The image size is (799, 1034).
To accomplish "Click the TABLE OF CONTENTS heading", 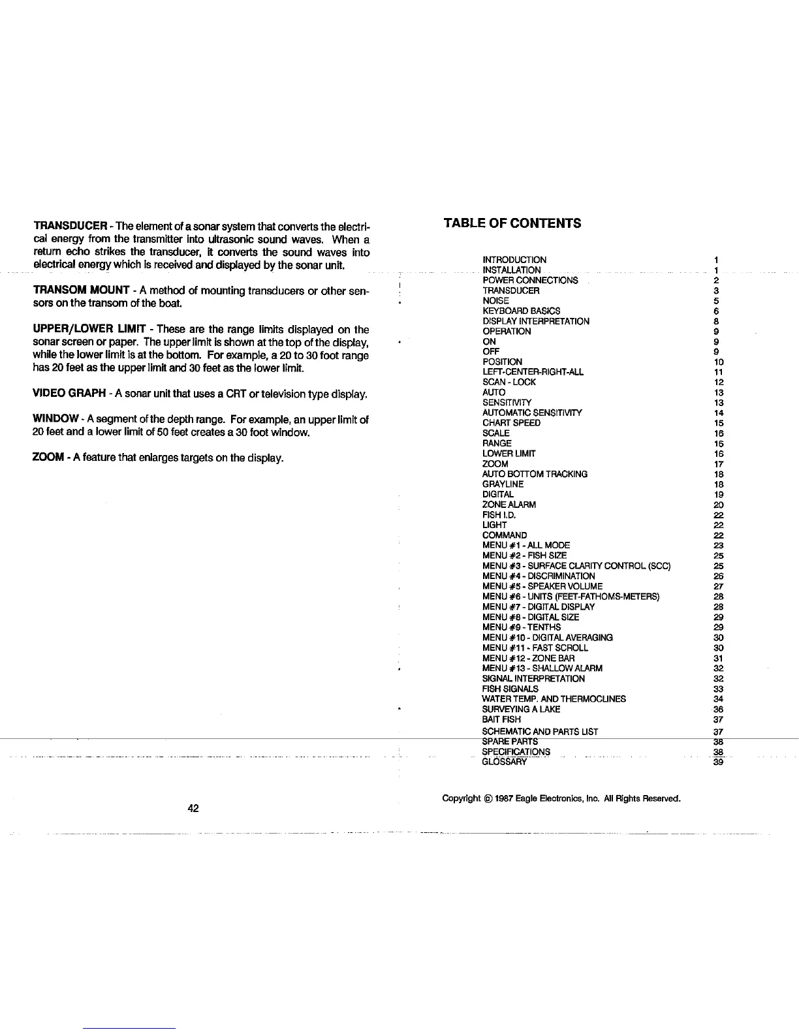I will click(x=512, y=223).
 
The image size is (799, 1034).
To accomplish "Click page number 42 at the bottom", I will click(x=193, y=808).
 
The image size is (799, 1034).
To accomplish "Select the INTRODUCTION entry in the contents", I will click(x=514, y=260).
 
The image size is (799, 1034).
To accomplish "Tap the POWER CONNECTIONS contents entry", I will click(x=530, y=280).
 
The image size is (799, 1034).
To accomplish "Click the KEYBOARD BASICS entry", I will click(x=521, y=311).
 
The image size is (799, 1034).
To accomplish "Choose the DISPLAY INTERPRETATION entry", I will click(x=536, y=321).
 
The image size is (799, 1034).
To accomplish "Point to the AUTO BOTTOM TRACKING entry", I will click(x=535, y=474).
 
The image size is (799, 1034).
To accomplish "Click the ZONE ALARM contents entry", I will click(x=509, y=505).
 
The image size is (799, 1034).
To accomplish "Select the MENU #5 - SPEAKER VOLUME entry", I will click(x=542, y=586).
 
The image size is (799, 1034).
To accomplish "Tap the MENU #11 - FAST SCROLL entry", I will click(x=535, y=648).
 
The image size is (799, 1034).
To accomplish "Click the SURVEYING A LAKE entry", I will click(x=521, y=709).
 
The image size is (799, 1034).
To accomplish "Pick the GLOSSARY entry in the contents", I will click(x=504, y=762).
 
